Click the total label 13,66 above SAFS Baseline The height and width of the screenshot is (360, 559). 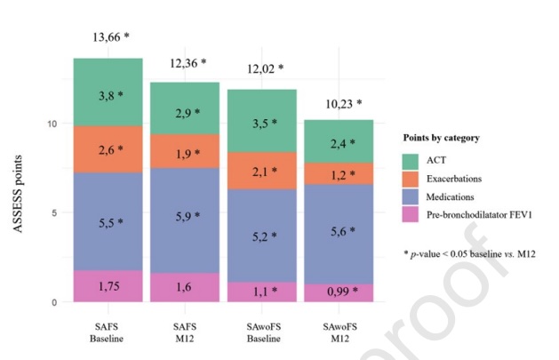(x=111, y=37)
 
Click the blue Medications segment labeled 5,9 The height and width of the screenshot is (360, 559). (x=187, y=216)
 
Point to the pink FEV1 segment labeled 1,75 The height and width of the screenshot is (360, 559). (x=108, y=286)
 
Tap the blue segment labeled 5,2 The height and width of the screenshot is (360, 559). (x=264, y=236)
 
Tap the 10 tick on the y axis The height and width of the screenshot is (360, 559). (x=53, y=124)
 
